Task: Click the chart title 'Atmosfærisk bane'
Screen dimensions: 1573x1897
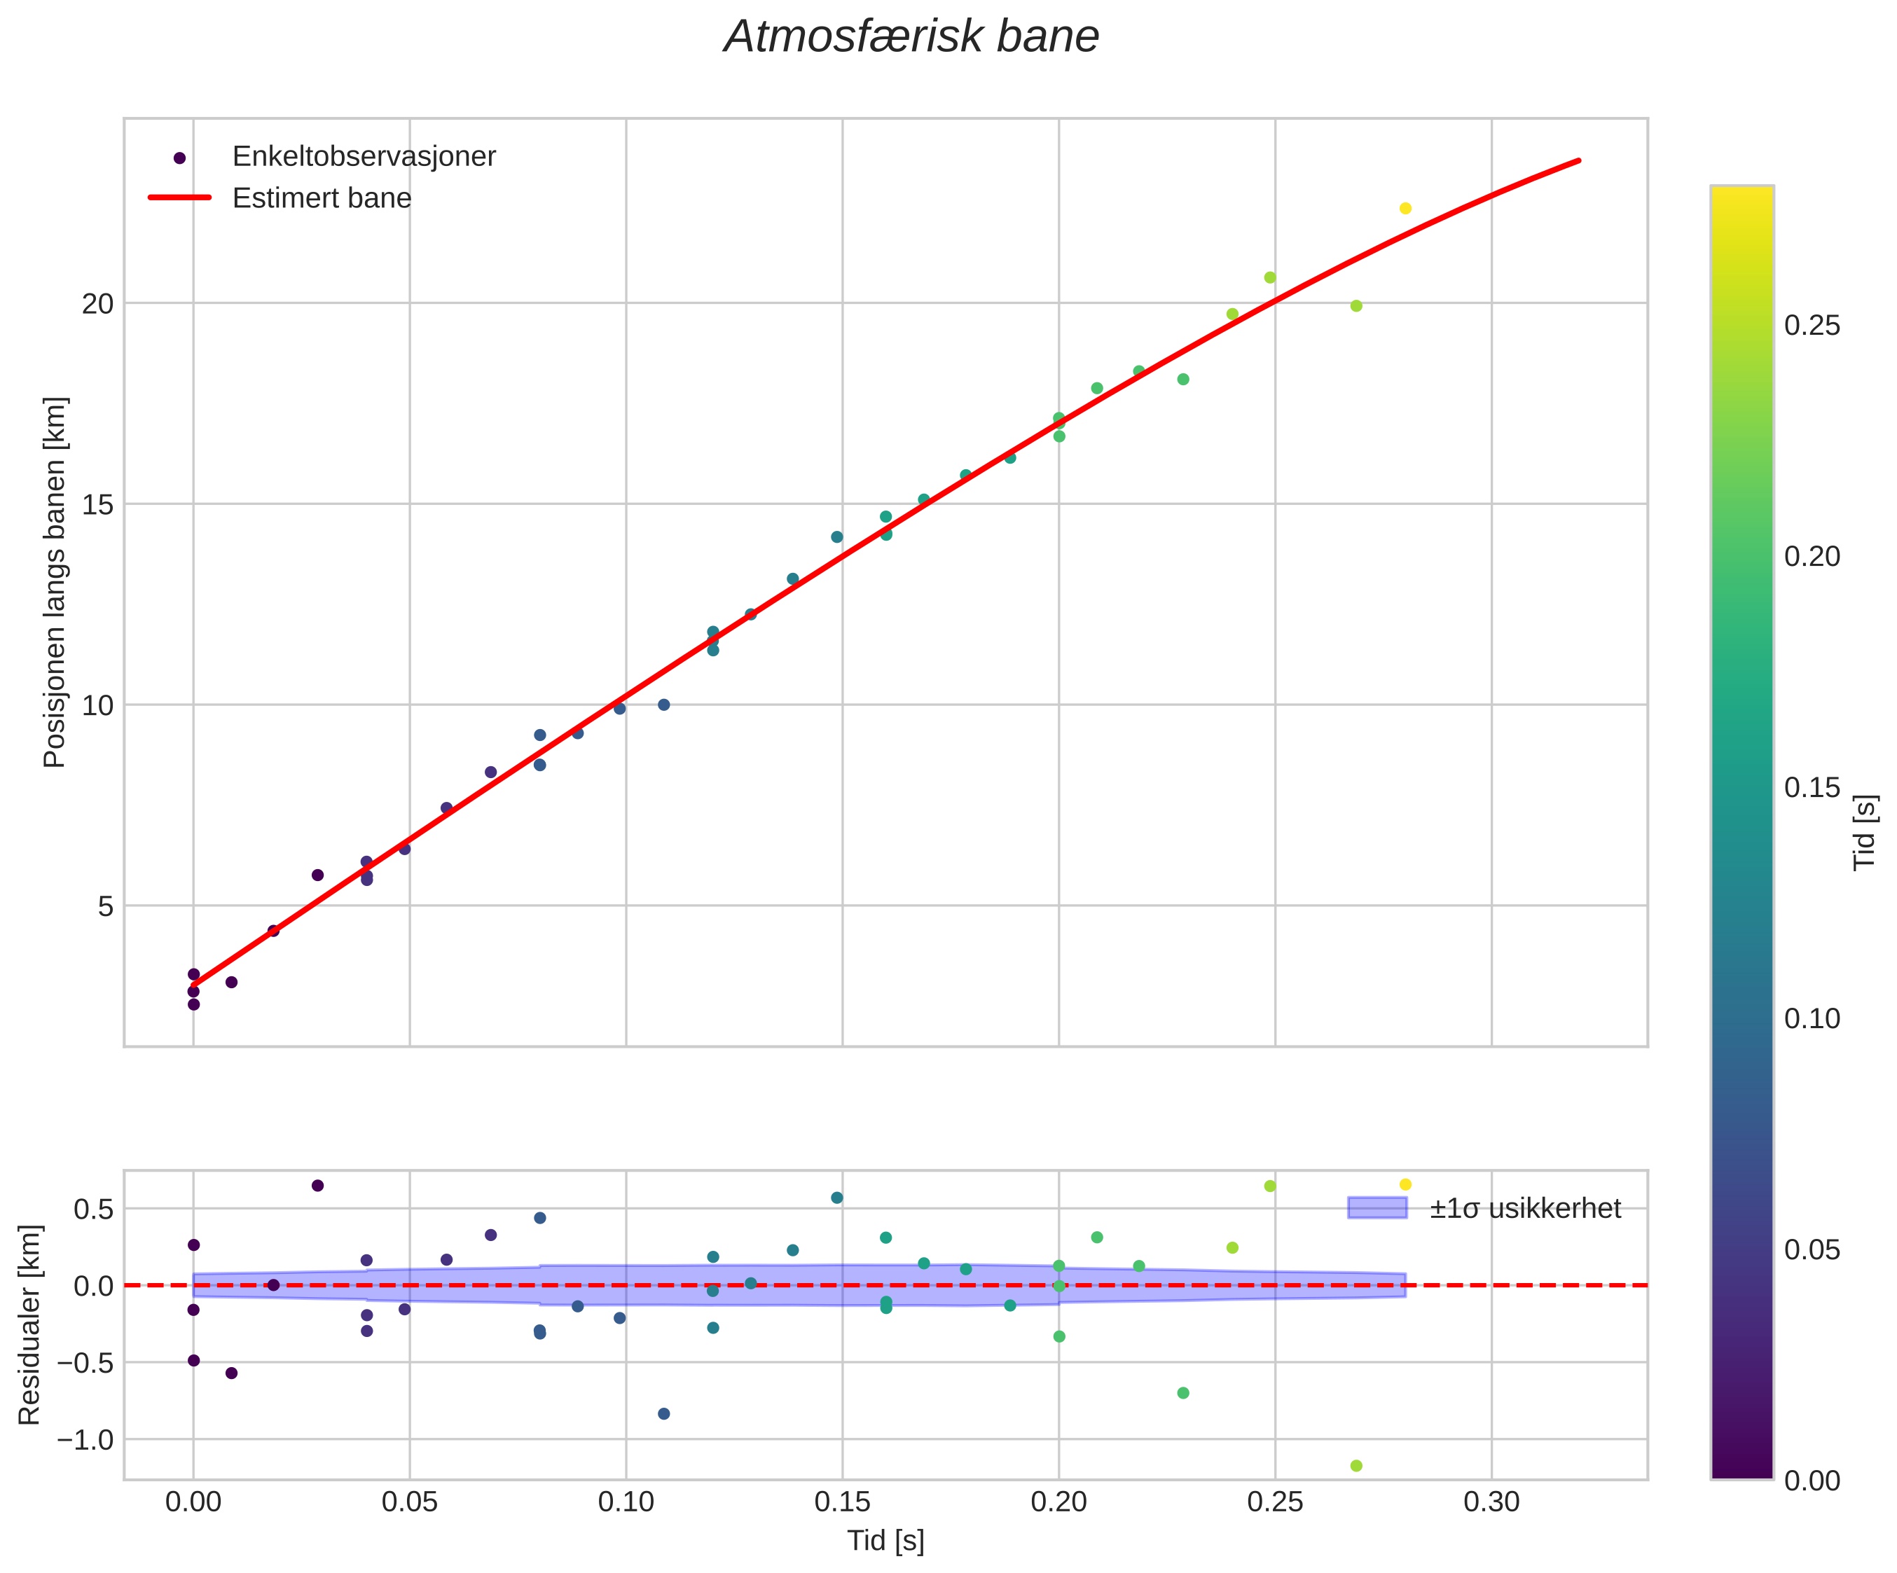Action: (911, 38)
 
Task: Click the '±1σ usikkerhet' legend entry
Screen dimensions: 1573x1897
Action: (1525, 1208)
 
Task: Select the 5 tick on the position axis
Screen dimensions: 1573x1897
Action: (106, 906)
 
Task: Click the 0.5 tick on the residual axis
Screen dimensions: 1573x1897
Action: (93, 1209)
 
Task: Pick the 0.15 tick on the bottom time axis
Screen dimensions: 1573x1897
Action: (842, 1502)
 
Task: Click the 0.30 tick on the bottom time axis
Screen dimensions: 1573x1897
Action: (1491, 1502)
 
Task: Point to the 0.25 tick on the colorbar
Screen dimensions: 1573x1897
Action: (1812, 326)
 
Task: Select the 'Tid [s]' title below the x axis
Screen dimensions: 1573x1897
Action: (885, 1541)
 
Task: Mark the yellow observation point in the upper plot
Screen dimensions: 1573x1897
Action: (1405, 209)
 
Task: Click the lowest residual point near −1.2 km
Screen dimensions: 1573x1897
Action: (1356, 1466)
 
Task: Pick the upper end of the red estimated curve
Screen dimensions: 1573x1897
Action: (1578, 160)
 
